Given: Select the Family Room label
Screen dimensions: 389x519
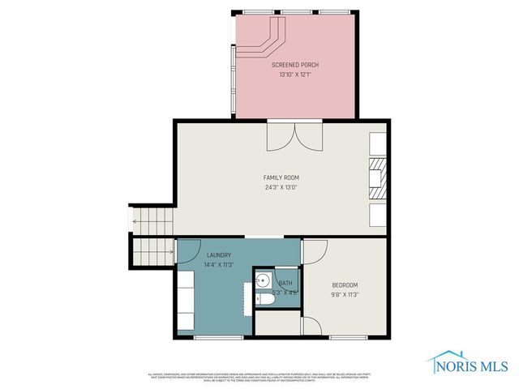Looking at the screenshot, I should coord(281,177).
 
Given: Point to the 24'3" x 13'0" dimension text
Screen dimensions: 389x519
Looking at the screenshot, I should coord(281,187).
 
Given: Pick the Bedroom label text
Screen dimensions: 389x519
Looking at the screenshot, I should coord(345,285).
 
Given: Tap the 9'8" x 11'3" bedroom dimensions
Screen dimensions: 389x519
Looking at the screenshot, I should coord(345,294).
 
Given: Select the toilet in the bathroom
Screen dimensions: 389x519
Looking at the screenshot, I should coord(264,300).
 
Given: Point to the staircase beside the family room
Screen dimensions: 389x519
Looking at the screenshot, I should coord(152,231).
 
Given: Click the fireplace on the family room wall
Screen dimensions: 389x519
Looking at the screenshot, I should coord(378,178).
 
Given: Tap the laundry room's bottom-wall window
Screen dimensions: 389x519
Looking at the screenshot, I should coord(219,337).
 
